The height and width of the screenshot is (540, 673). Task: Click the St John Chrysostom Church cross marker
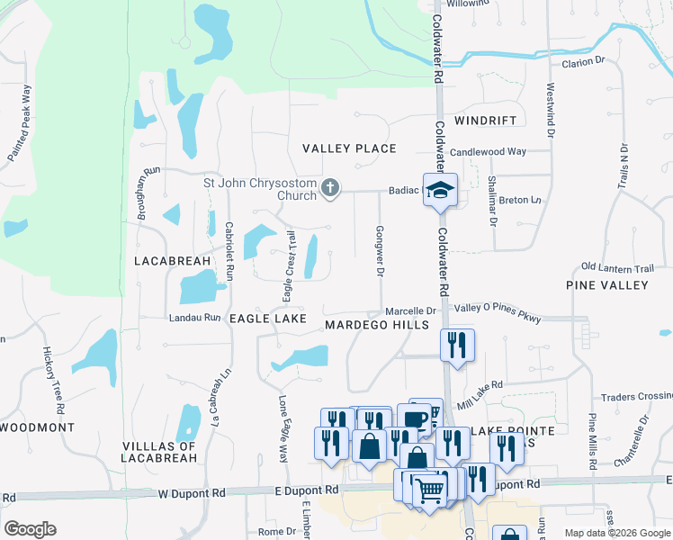[330, 188]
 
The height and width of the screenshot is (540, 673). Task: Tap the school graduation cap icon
[441, 189]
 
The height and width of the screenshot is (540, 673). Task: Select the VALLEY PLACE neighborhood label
[349, 148]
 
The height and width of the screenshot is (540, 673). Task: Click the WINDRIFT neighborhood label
[486, 120]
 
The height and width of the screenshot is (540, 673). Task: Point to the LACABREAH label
[172, 261]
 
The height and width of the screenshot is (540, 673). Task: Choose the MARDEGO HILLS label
[376, 324]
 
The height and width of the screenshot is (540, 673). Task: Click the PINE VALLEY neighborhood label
[606, 285]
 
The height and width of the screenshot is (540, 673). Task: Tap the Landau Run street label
[194, 318]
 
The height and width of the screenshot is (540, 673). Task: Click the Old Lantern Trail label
[617, 267]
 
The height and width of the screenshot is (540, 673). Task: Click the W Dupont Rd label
[193, 493]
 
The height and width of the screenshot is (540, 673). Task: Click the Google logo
[30, 528]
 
